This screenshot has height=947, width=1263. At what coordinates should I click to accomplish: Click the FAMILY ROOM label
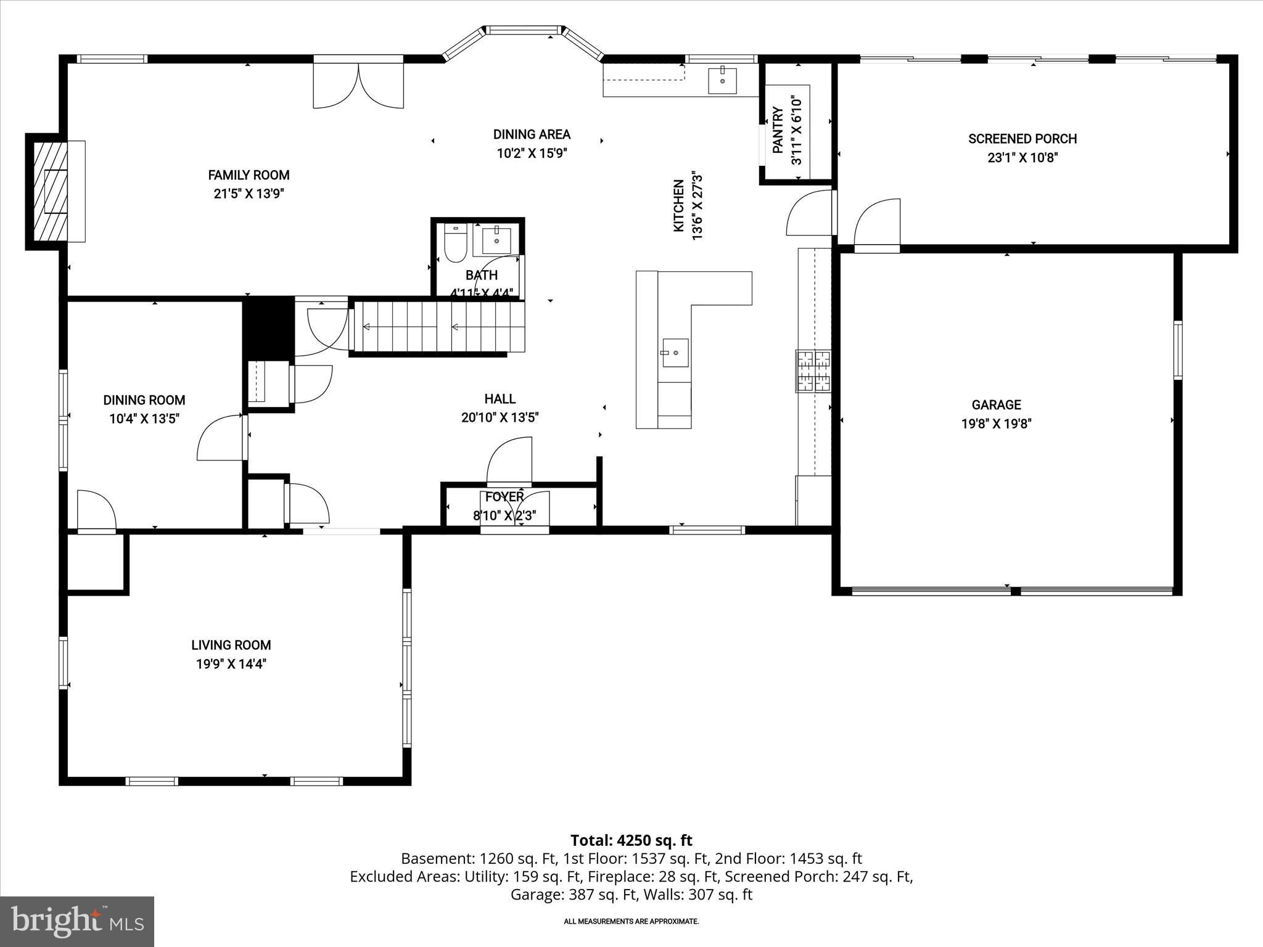click(x=249, y=175)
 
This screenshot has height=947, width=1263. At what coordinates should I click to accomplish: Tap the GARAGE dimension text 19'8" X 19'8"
click(x=996, y=424)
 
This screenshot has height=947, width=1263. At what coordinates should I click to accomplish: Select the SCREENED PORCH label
click(x=1022, y=139)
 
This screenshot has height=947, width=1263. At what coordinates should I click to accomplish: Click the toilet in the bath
click(x=455, y=243)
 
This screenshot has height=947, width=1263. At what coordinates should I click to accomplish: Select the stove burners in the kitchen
click(x=813, y=371)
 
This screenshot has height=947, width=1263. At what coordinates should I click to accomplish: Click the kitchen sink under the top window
click(x=722, y=80)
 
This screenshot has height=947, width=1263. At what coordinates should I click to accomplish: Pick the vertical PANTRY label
click(x=778, y=130)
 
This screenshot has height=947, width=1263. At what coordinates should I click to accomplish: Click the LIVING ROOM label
click(x=231, y=645)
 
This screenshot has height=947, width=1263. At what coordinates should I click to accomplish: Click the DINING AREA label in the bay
click(x=532, y=134)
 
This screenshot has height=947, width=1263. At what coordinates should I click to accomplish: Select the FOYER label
click(x=504, y=497)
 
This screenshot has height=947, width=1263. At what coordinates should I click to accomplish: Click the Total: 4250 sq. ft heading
click(x=631, y=840)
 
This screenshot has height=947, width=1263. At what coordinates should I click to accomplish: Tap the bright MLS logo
click(x=77, y=921)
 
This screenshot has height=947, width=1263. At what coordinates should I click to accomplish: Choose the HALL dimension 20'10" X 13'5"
click(x=500, y=417)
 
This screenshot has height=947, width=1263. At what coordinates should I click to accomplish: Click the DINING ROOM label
click(x=144, y=400)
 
